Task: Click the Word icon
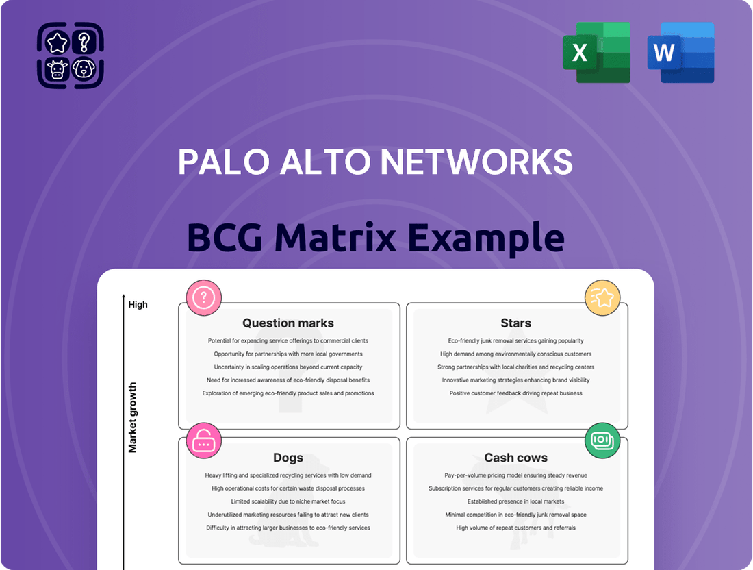(680, 53)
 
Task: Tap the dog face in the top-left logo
(84, 69)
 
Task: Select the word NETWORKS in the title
(476, 162)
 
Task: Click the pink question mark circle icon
(204, 298)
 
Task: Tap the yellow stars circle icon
(602, 298)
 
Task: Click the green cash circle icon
(602, 441)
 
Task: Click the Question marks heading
(288, 323)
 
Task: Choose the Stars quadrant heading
(515, 323)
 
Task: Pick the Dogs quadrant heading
(288, 458)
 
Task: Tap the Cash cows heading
(515, 458)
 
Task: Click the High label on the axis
(138, 304)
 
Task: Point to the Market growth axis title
(133, 417)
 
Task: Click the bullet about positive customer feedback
(515, 393)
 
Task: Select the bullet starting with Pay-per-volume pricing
(515, 475)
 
